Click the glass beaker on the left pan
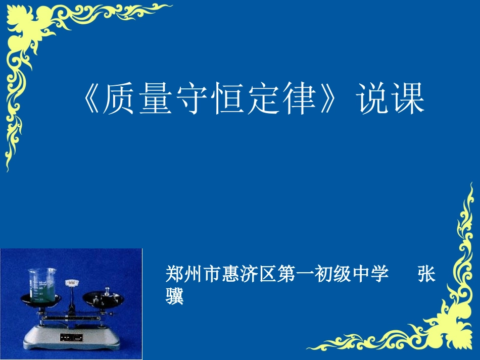[40, 286]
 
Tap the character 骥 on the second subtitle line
[175, 296]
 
